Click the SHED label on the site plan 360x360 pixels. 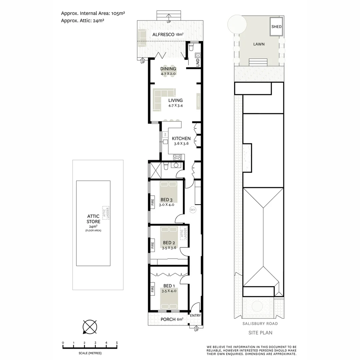[x=276, y=27]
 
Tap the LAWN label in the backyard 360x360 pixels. [x=259, y=44]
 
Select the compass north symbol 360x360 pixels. [x=89, y=327]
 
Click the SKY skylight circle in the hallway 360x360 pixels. [x=192, y=210]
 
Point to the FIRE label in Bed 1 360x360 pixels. [x=153, y=288]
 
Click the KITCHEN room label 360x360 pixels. [x=181, y=139]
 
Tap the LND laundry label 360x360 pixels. [x=198, y=62]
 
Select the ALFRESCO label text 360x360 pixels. [x=163, y=35]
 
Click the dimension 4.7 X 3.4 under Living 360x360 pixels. [x=176, y=106]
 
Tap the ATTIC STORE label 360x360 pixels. [x=93, y=219]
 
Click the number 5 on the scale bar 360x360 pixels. [x=117, y=343]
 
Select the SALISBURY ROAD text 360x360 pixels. [x=260, y=324]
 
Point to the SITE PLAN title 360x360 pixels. [x=260, y=333]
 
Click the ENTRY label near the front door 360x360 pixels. [x=195, y=315]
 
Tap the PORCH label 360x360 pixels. [x=168, y=319]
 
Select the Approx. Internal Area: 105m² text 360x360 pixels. [x=93, y=13]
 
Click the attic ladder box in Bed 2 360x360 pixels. [x=182, y=233]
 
